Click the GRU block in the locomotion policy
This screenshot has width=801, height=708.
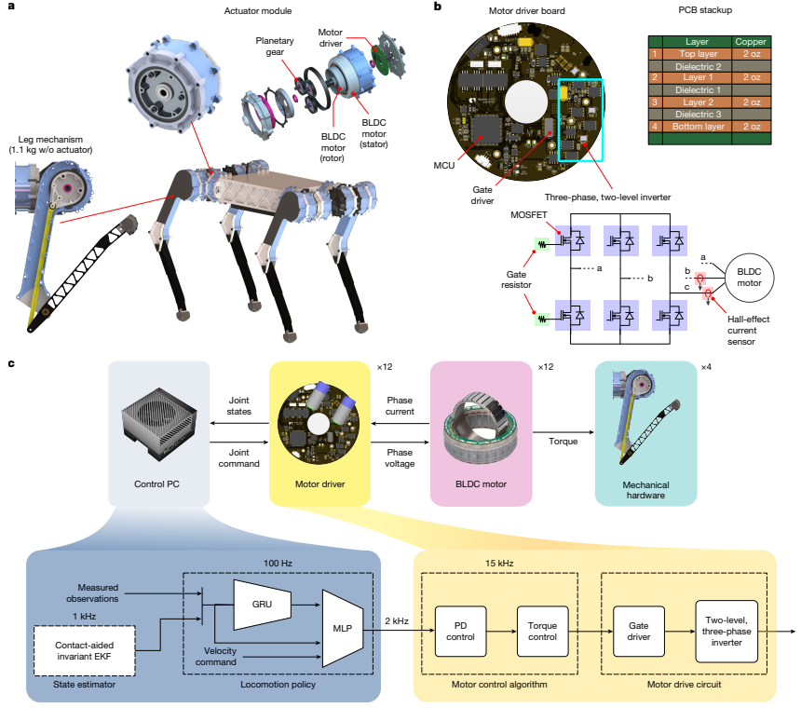coord(262,605)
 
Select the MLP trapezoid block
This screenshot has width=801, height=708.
coord(342,628)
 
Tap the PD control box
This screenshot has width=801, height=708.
coord(460,632)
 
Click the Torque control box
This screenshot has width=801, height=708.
coord(542,632)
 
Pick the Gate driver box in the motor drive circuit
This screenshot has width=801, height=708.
coord(639,632)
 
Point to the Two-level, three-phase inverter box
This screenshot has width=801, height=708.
coord(726,632)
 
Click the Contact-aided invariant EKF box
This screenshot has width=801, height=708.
coord(84,651)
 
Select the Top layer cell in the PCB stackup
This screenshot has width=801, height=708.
coord(698,54)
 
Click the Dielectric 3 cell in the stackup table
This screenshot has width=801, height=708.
coord(698,115)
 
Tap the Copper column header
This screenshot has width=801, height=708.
coord(751,42)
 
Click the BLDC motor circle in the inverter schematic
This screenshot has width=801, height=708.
coord(749,278)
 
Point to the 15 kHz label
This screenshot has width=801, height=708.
coord(499,563)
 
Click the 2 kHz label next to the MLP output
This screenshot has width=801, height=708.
coord(397,620)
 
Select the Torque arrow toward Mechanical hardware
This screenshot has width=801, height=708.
coord(563,432)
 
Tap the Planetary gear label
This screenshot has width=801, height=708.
coord(275,46)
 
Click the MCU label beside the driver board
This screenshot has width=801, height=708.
coord(444,166)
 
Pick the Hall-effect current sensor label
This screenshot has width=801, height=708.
coord(748,331)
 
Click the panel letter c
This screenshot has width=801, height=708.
coord(11,363)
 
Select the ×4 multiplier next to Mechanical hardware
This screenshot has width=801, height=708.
coord(706,367)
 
